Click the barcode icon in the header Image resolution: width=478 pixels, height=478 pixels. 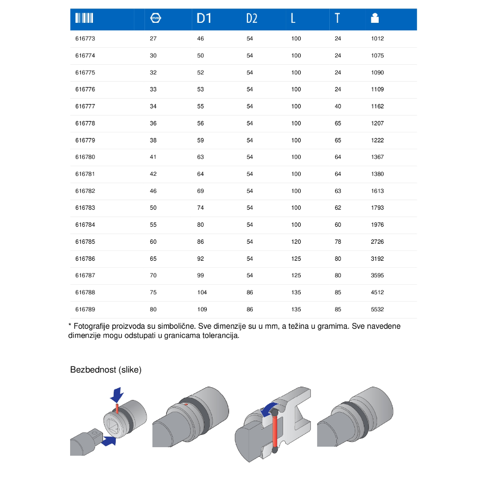(84, 18)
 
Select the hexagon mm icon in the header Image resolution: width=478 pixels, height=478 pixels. (156, 18)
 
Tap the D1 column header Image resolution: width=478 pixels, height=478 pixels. (204, 18)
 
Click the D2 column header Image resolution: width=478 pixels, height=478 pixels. (252, 18)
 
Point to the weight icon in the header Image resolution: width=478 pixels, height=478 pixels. (374, 18)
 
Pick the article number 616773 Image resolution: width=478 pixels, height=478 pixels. (85, 38)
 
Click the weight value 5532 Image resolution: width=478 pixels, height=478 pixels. (377, 310)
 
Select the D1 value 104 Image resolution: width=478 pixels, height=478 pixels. (202, 292)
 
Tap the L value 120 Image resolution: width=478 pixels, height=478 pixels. (296, 242)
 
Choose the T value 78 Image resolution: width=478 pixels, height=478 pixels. (338, 242)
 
